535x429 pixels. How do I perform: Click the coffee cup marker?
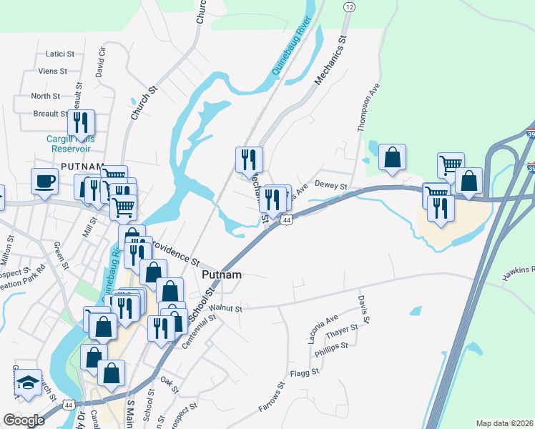click(44, 181)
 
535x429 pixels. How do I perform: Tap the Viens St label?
click(53, 71)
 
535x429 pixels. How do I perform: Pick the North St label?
click(45, 96)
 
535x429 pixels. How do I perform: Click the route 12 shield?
click(348, 6)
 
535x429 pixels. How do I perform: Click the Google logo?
click(24, 420)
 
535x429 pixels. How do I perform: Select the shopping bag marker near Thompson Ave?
click(392, 157)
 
